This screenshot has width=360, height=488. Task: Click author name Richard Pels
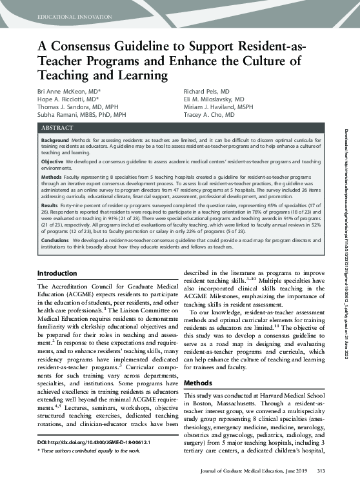click(202, 92)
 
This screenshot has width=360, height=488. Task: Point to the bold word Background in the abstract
click(55, 140)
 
